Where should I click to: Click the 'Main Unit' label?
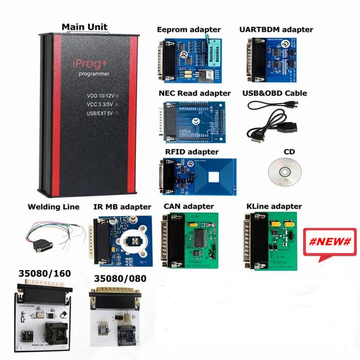(x=84, y=26)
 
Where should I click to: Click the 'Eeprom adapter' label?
(x=188, y=29)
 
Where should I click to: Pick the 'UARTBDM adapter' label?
(x=276, y=29)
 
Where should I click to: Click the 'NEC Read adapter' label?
(x=194, y=93)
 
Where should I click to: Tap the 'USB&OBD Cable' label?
(x=274, y=93)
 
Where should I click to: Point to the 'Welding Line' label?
(x=53, y=207)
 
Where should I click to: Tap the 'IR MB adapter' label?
(x=122, y=207)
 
